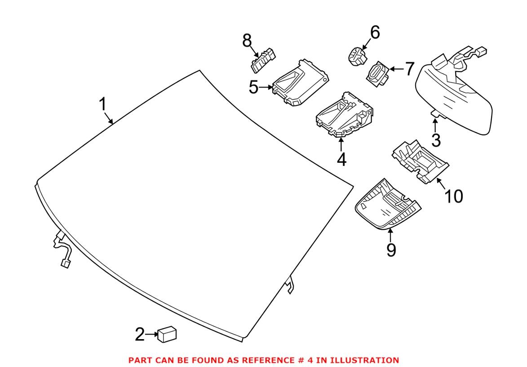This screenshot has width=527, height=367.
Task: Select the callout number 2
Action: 140,334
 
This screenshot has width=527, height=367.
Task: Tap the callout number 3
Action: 436,140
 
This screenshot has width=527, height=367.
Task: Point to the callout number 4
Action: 341,160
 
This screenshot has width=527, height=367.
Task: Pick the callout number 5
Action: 254,87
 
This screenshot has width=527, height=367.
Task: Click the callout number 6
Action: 374,32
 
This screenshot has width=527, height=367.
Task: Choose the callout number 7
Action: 409,69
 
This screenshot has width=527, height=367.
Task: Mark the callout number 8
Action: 247,41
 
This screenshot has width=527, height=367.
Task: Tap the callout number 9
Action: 391,249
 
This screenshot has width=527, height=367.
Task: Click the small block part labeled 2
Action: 167,334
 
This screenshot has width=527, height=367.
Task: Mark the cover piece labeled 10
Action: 420,162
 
